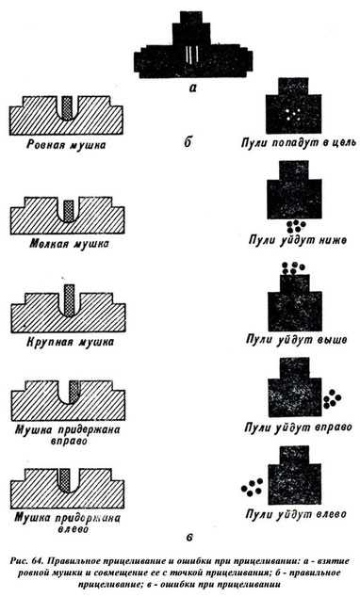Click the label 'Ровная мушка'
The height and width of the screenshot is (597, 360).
pos(66,145)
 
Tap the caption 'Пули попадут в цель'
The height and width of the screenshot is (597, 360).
pos(299,143)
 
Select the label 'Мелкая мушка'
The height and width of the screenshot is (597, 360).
pos(69,244)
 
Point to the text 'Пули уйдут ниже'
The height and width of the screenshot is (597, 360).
pos(298,240)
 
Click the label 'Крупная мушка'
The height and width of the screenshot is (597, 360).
pos(70,342)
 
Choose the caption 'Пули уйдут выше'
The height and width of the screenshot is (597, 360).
pos(296,339)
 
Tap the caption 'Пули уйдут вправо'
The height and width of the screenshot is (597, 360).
pos(298,427)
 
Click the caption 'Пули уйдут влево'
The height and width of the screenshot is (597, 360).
pos(296,514)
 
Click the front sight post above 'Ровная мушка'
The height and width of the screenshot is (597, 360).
pos(67,108)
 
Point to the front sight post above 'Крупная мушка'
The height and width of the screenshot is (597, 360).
pos(69,300)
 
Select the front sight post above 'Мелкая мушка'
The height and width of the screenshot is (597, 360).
pos(69,211)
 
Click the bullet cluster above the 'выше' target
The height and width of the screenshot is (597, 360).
pos(292,268)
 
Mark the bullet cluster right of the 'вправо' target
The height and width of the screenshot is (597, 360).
pos(332,398)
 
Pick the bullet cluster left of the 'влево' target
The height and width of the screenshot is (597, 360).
pos(253,488)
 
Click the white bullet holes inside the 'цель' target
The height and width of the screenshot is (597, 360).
pos(292,113)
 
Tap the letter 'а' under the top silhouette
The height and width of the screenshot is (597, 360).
pos(193,89)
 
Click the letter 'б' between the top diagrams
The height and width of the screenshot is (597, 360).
pos(188,142)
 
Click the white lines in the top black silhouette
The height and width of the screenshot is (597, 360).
pos(191,55)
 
